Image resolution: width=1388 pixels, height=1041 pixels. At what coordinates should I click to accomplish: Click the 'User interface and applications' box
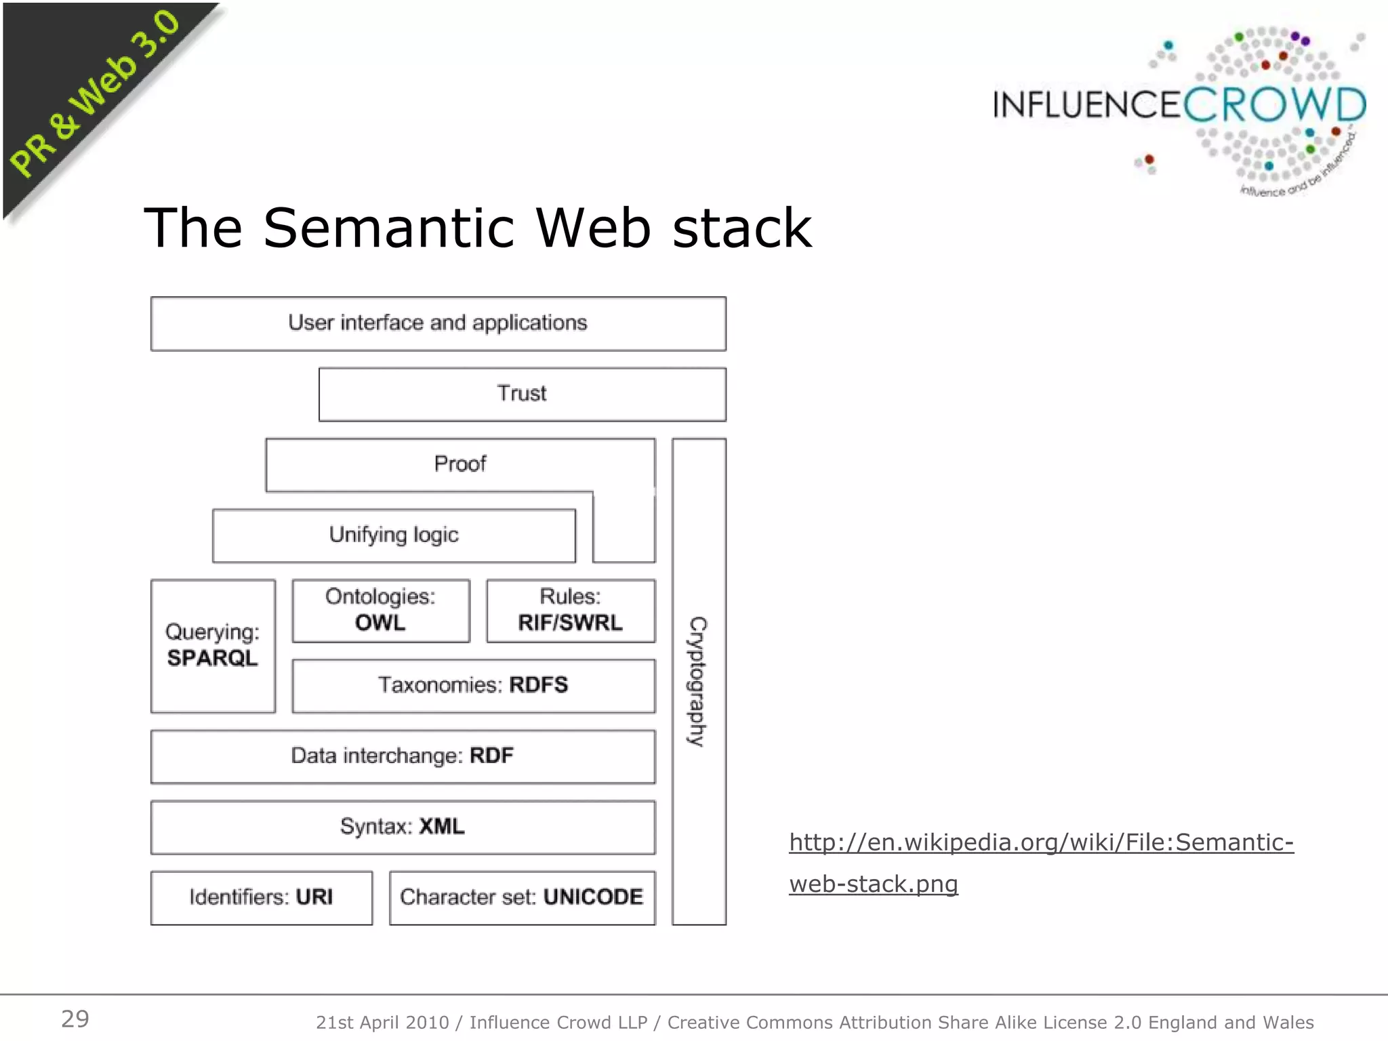[x=438, y=323]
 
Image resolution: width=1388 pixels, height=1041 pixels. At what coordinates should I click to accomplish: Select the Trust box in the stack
[x=522, y=394]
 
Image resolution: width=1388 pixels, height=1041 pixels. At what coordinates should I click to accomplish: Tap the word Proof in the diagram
[x=460, y=464]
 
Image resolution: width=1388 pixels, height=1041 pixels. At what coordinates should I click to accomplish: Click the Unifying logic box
[x=394, y=535]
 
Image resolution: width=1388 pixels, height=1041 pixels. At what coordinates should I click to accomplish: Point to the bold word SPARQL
[x=212, y=658]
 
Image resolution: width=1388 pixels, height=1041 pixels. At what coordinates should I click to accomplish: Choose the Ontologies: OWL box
[x=380, y=610]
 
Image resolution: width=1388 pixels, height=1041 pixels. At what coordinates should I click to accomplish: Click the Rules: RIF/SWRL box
[x=570, y=610]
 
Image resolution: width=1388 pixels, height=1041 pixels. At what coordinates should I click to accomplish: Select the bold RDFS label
[x=539, y=685]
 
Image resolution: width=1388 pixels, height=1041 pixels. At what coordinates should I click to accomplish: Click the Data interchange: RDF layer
[x=403, y=756]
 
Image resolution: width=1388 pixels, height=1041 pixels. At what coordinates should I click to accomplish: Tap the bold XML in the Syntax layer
[x=442, y=827]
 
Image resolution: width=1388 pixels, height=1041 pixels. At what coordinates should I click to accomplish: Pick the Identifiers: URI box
[x=261, y=897]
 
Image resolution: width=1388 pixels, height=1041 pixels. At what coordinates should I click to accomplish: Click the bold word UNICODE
[x=593, y=897]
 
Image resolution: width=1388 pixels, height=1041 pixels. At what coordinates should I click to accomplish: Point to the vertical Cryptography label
[x=698, y=681]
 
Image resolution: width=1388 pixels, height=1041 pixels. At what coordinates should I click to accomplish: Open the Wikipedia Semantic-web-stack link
[x=1041, y=842]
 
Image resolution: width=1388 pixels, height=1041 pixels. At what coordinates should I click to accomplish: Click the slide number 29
[x=75, y=1019]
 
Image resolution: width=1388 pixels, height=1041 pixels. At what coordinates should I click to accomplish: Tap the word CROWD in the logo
[x=1274, y=106]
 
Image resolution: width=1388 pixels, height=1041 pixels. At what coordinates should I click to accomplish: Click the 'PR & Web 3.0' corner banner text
[x=95, y=95]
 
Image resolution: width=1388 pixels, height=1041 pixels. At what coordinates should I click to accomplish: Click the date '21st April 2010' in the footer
[x=382, y=1022]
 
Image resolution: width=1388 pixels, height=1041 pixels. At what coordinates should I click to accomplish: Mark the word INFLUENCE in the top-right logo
[x=1087, y=106]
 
